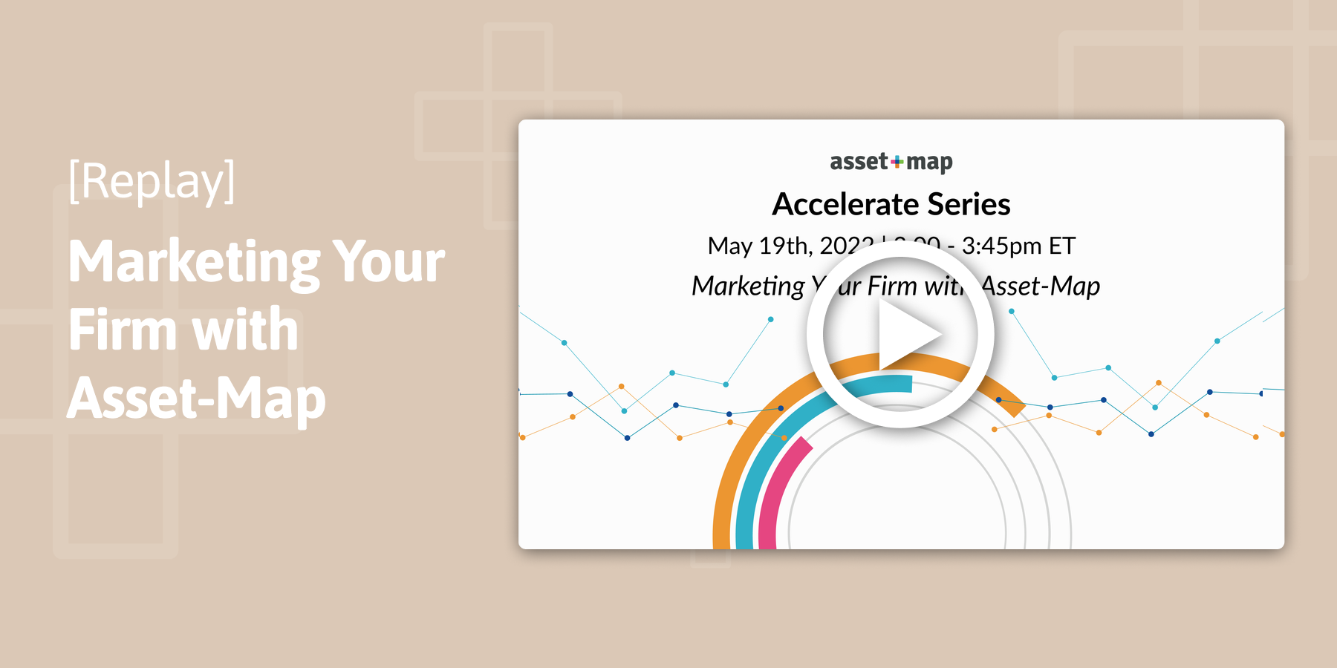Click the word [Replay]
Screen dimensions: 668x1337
point(152,181)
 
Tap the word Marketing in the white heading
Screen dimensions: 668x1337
point(193,263)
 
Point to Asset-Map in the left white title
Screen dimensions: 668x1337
point(196,399)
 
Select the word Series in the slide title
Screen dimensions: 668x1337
point(969,204)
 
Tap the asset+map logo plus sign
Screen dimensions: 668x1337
point(897,161)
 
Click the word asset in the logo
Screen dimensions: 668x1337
point(859,161)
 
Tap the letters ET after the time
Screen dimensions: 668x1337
point(1061,246)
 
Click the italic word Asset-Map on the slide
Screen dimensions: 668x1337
point(1041,286)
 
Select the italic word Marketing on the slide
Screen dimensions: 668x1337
point(747,286)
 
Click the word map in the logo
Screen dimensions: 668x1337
point(929,161)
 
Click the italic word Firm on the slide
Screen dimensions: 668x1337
point(892,286)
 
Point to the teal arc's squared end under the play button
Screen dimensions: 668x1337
point(907,383)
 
